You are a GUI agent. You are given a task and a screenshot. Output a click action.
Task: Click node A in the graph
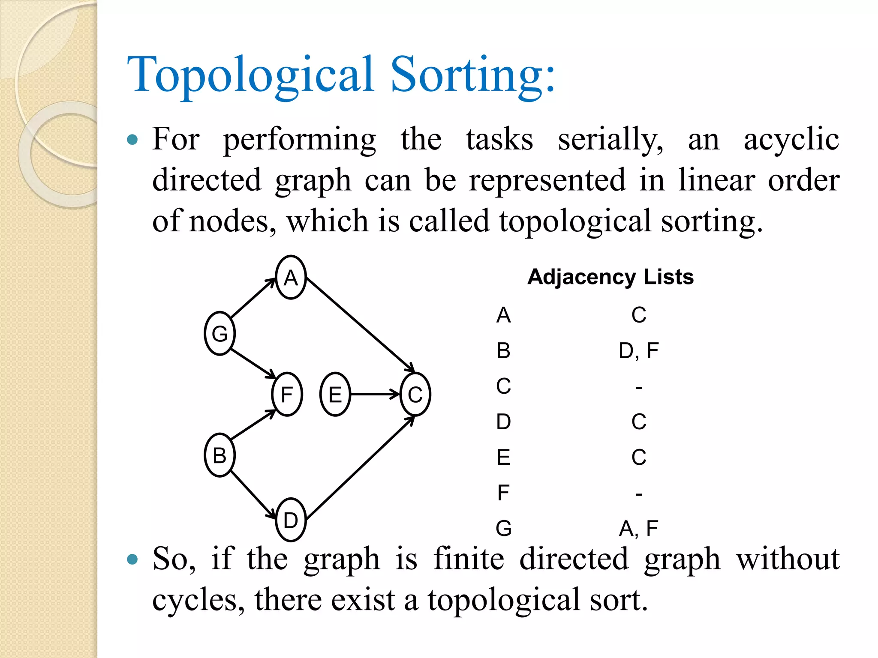291,278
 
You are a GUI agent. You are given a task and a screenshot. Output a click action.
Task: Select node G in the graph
219,334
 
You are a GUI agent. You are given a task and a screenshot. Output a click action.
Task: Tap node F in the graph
287,395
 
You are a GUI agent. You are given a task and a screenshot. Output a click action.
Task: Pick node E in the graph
335,395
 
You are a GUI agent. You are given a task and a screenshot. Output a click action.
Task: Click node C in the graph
415,395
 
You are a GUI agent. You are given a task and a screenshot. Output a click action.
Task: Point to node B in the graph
219,455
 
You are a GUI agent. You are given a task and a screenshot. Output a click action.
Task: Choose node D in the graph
291,520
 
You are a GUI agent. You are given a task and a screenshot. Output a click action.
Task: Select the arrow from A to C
360,323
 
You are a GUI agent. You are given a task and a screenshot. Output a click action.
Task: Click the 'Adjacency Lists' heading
610,277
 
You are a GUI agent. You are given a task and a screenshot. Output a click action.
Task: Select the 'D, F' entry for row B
638,351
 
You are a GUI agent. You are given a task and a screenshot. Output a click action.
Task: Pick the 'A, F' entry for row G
638,528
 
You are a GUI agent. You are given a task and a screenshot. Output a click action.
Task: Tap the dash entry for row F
639,494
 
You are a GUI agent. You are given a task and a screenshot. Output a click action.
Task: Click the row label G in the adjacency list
504,528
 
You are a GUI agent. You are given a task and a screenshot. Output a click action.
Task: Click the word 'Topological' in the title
250,75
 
